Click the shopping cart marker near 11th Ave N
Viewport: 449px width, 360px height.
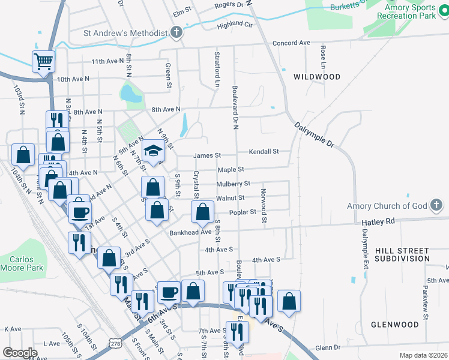44,61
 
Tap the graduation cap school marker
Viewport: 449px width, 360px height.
153,152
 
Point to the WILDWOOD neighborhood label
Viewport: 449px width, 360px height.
317,77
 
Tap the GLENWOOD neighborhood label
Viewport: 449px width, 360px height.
394,325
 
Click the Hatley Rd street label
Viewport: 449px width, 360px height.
378,221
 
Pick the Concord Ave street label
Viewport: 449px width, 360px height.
291,43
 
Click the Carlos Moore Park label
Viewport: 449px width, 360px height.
22,263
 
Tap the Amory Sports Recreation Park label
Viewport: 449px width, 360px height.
403,11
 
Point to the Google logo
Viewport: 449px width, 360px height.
20,353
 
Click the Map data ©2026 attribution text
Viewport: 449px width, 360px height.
423,355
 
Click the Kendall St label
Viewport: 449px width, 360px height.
264,152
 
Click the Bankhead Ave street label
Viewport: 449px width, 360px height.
190,232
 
